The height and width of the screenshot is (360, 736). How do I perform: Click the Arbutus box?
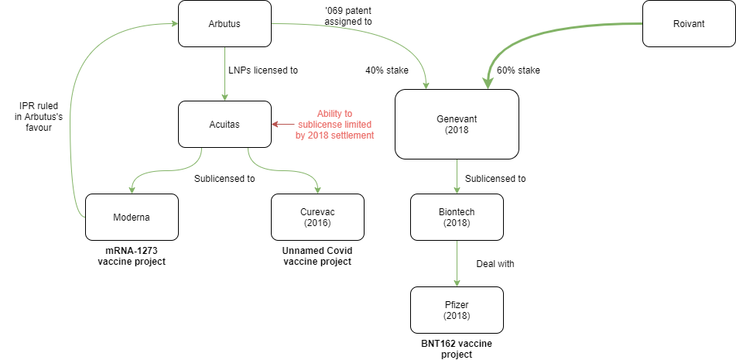point(225,23)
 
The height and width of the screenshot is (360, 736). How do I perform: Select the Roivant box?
point(689,23)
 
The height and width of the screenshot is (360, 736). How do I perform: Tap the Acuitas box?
point(225,124)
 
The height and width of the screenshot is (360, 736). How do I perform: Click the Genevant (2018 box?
point(457,124)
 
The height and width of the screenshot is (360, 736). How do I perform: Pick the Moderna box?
point(132,217)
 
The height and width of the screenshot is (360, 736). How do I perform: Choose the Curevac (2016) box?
point(317,217)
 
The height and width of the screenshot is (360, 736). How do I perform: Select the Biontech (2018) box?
point(457,217)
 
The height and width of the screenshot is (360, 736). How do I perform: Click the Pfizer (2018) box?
point(457,310)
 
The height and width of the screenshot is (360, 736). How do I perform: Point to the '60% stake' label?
point(519,70)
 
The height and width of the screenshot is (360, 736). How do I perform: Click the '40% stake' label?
point(387,70)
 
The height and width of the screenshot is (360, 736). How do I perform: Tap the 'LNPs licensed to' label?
point(263,70)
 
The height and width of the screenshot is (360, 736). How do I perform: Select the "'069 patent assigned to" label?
point(348,16)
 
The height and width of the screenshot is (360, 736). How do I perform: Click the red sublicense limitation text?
point(334,125)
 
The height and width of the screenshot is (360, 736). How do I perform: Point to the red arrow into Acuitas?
point(282,125)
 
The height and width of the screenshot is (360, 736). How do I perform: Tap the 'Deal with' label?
point(495,264)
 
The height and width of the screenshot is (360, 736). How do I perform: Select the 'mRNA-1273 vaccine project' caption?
point(132,256)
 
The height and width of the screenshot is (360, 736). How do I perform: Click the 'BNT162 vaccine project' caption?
point(457,348)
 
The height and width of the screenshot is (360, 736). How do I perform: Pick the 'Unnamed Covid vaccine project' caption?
point(317,256)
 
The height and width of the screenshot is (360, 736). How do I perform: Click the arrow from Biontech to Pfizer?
point(457,263)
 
